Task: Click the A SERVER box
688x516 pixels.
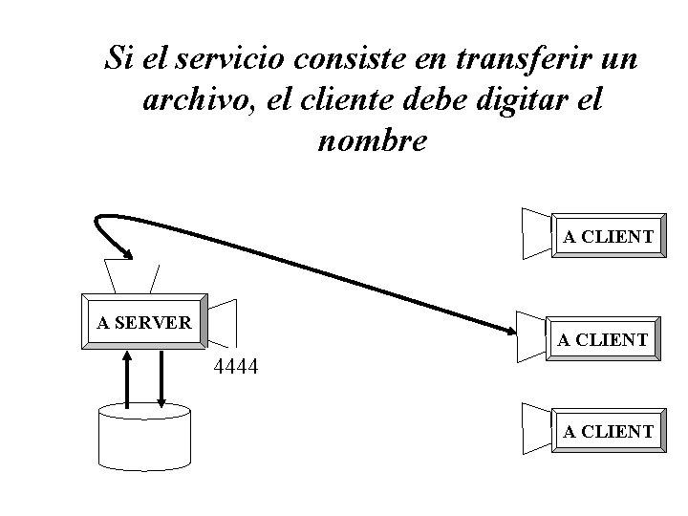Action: point(144,322)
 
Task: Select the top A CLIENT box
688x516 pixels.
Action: point(607,236)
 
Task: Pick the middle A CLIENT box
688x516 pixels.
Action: point(603,339)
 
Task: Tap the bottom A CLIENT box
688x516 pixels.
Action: point(608,432)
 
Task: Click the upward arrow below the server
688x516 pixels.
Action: point(128,377)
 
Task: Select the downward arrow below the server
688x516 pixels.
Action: point(161,377)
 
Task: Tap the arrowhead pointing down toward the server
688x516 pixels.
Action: point(124,252)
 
